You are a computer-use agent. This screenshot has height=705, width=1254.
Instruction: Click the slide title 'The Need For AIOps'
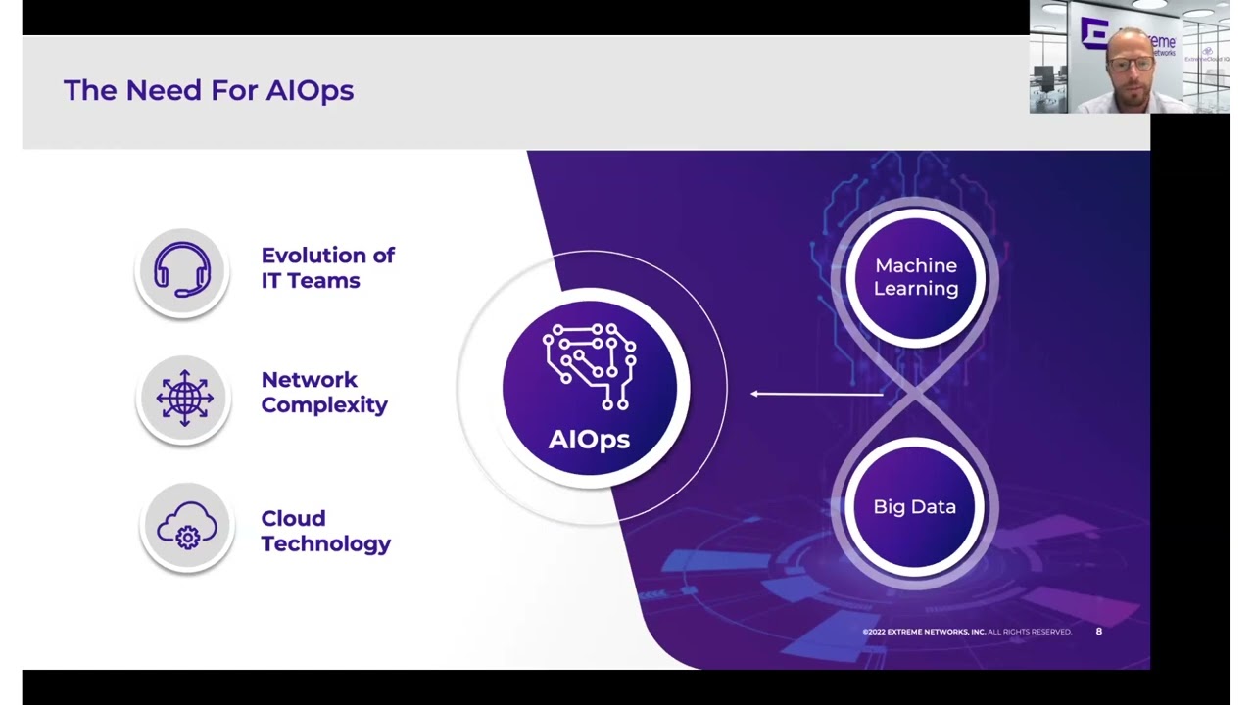pyautogui.click(x=208, y=90)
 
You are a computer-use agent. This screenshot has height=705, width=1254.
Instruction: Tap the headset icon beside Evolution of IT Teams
pyautogui.click(x=183, y=269)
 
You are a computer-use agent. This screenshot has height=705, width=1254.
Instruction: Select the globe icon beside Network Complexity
pyautogui.click(x=184, y=398)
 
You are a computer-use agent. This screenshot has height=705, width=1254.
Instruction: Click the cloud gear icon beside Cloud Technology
pyautogui.click(x=186, y=526)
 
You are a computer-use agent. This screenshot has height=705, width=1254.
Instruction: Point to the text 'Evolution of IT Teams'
pyautogui.click(x=327, y=267)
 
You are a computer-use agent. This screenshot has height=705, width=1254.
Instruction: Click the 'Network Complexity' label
pyautogui.click(x=323, y=392)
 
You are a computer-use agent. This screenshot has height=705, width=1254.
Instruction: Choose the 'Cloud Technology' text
pyautogui.click(x=325, y=531)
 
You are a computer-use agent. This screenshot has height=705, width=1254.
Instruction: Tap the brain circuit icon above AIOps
pyautogui.click(x=590, y=367)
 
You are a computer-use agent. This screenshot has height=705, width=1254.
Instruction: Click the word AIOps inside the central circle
pyautogui.click(x=589, y=439)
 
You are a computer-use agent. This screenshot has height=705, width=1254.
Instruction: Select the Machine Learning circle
pyautogui.click(x=915, y=277)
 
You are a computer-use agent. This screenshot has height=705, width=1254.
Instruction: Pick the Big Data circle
pyautogui.click(x=915, y=506)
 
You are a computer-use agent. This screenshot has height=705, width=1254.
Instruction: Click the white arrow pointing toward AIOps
pyautogui.click(x=815, y=394)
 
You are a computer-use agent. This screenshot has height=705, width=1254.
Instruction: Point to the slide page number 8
pyautogui.click(x=1098, y=632)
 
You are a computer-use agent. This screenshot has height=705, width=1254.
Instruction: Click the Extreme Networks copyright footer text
pyautogui.click(x=966, y=632)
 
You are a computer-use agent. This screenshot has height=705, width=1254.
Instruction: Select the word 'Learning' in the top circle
pyautogui.click(x=916, y=289)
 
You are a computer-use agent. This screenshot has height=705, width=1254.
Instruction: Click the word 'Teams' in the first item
pyautogui.click(x=323, y=281)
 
